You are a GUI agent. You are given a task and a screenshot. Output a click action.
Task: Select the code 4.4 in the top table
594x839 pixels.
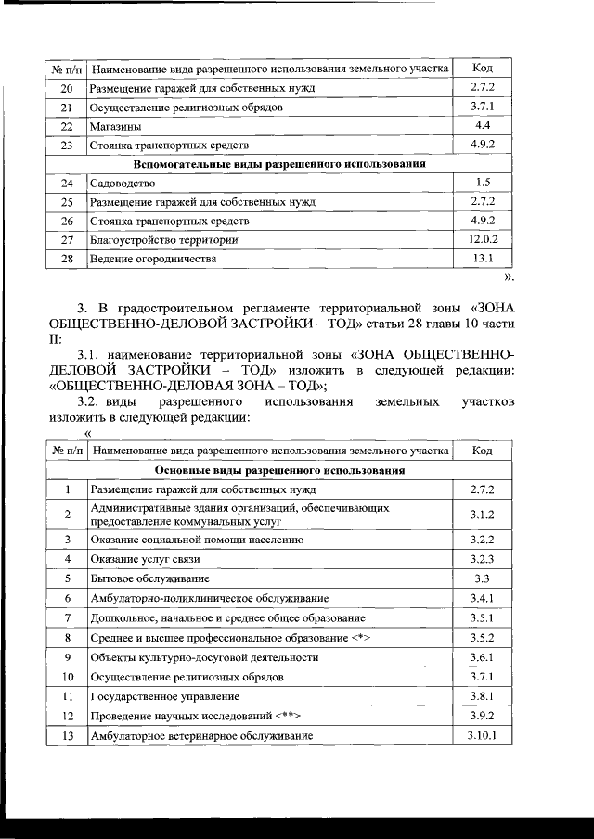[482, 125]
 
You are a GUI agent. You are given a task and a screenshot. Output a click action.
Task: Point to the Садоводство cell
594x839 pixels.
[123, 183]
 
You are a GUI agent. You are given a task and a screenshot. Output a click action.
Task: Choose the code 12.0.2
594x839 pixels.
[482, 240]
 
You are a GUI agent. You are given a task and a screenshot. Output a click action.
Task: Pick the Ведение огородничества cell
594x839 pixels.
[152, 259]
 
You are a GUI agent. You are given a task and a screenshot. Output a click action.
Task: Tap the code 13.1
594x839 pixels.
[482, 259]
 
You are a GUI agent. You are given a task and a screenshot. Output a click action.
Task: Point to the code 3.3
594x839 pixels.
[482, 578]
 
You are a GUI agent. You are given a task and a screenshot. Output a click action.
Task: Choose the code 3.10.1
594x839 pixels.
[482, 735]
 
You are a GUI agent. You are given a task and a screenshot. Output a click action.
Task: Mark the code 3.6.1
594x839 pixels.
[482, 656]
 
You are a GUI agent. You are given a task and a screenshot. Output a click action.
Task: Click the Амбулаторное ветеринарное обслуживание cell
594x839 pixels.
[200, 735]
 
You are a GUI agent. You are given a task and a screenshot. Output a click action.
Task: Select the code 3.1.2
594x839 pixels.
[482, 514]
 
